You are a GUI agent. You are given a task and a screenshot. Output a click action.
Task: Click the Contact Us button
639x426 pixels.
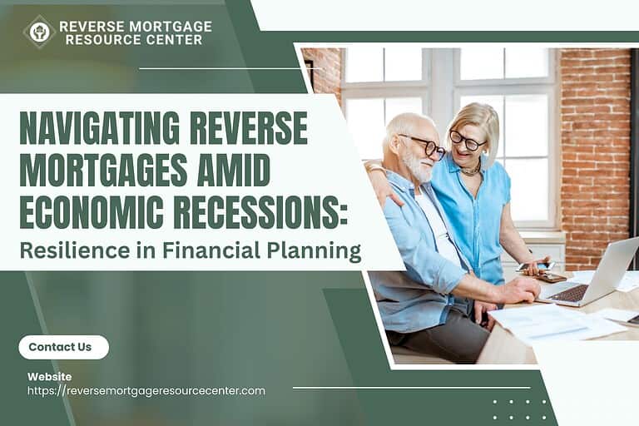click(x=63, y=347)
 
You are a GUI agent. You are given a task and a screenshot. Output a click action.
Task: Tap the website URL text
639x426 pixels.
click(x=146, y=391)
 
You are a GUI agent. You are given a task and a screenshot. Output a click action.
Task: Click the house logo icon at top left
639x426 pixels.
click(x=38, y=32)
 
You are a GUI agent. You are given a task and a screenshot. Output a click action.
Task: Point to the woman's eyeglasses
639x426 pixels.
click(x=465, y=141)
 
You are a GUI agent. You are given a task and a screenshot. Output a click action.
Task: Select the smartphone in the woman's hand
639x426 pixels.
click(x=534, y=266)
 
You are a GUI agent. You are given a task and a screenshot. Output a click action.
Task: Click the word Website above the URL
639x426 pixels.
click(x=49, y=377)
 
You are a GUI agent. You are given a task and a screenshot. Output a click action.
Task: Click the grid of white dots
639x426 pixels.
click(x=519, y=409)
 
